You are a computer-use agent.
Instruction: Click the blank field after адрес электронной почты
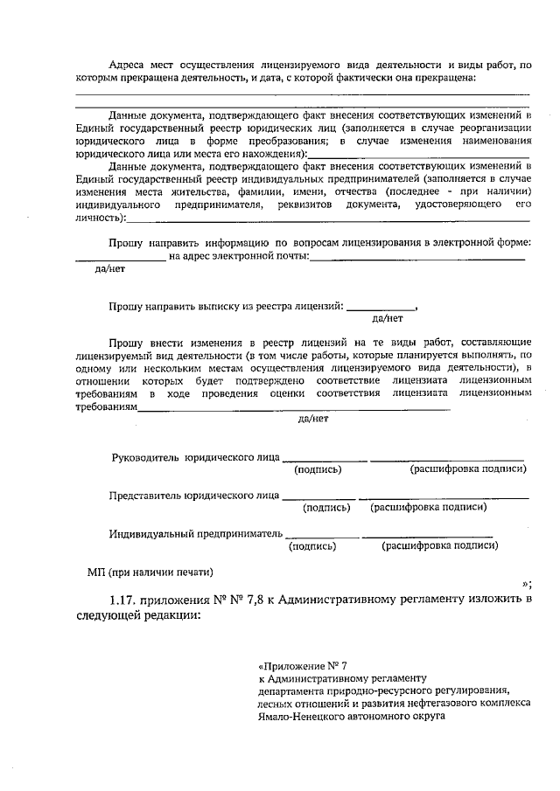click(x=417, y=256)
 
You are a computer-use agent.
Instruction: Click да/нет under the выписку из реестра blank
click(x=387, y=319)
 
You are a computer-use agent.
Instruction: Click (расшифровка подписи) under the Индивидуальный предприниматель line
click(x=440, y=545)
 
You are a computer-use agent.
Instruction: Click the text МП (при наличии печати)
click(x=150, y=572)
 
